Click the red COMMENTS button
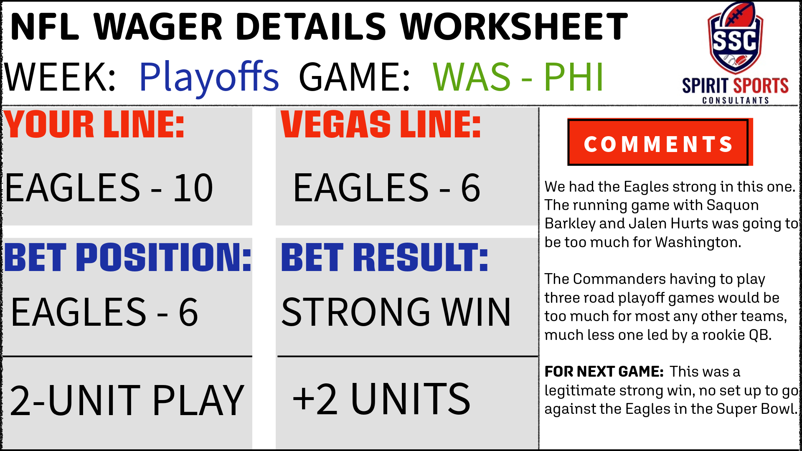[x=659, y=143]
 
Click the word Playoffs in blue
[x=209, y=77]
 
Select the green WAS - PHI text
[x=518, y=77]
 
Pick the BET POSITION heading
[x=128, y=257]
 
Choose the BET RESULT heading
[x=384, y=257]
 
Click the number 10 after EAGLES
[x=193, y=188]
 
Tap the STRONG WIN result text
[x=396, y=312]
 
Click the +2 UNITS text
[x=381, y=399]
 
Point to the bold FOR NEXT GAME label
[x=604, y=371]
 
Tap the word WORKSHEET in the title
[x=514, y=27]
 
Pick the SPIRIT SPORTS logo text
[x=735, y=86]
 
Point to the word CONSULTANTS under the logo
[x=736, y=100]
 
